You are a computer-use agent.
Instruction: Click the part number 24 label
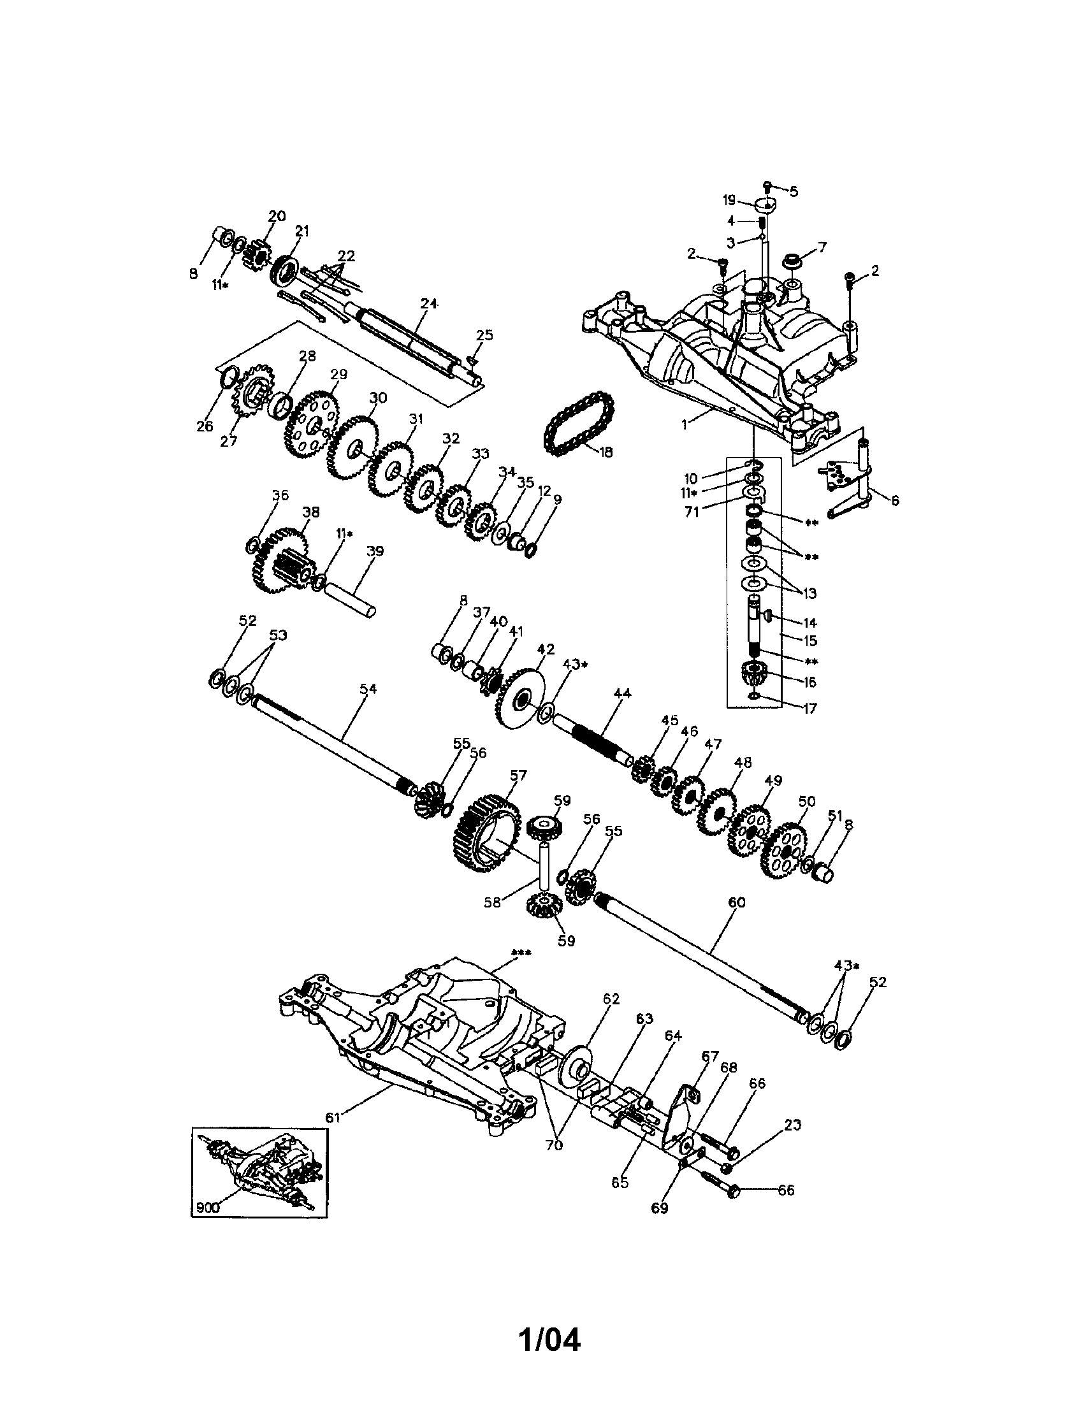coord(429,303)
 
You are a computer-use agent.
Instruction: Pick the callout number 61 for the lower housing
coord(332,1118)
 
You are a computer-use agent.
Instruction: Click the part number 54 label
coord(368,689)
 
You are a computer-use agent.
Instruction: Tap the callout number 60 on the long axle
coord(737,902)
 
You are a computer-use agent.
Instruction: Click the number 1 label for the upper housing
coord(685,424)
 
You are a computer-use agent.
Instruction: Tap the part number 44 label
coord(622,693)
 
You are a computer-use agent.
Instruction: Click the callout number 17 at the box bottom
coord(809,708)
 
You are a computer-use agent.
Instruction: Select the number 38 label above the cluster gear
coord(310,512)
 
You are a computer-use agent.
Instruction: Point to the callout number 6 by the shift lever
coord(895,500)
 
